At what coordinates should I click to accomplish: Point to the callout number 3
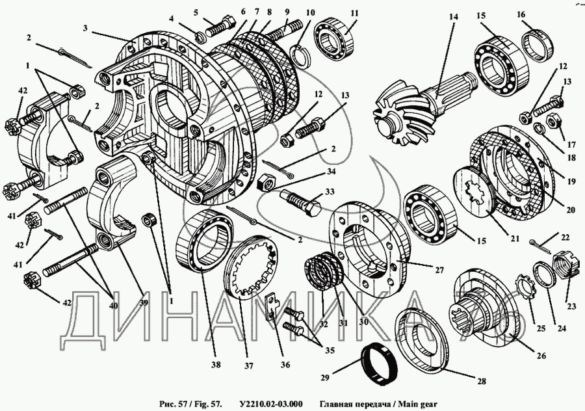85,28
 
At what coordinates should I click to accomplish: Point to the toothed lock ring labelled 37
254,269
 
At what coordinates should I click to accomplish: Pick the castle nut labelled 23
563,266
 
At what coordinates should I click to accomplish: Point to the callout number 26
541,356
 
